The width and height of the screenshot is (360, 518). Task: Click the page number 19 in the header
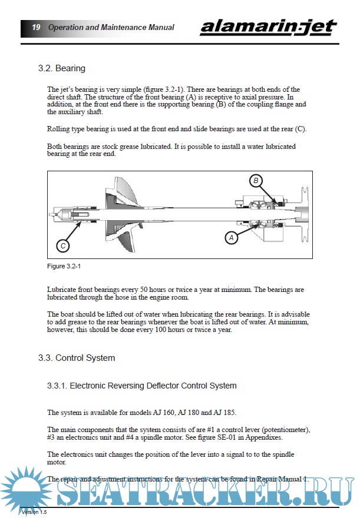36,27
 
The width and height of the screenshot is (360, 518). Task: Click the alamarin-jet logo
268,26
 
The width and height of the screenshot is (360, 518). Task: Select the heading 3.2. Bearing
62,68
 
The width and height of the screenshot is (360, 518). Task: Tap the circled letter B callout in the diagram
256,181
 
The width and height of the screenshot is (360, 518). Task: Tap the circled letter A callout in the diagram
231,238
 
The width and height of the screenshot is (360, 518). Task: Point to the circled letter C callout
63,245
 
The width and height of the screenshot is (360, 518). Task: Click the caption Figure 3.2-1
64,267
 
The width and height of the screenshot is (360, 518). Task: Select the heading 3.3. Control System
77,358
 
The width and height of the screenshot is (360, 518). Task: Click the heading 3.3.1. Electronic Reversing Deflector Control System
142,386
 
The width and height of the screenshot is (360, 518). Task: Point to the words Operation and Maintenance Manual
111,27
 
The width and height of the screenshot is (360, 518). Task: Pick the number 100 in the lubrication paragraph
172,330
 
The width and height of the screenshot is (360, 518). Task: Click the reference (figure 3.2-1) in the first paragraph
152,90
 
